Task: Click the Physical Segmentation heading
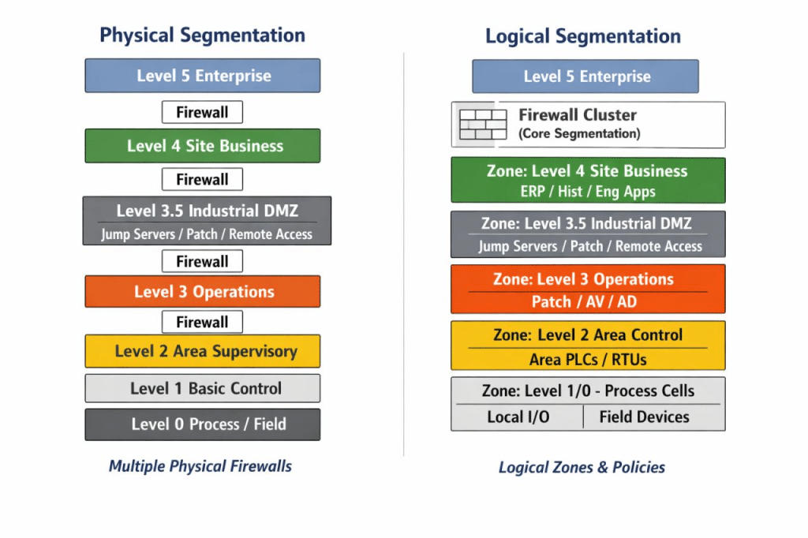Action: (x=202, y=35)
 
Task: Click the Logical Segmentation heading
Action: (x=583, y=36)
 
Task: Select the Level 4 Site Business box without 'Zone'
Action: (x=203, y=146)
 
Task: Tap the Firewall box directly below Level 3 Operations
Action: (x=202, y=322)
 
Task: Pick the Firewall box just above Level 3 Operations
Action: (x=202, y=261)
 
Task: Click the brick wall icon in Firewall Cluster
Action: (x=483, y=124)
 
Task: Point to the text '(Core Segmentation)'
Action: (x=579, y=133)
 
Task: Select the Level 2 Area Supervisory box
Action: (x=203, y=351)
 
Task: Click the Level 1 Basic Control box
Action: (x=203, y=388)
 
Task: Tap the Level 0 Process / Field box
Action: (x=203, y=424)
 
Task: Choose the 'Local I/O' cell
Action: (x=518, y=417)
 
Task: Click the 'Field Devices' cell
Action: (x=644, y=417)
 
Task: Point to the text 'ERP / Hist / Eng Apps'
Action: (x=588, y=192)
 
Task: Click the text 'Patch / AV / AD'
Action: (x=585, y=301)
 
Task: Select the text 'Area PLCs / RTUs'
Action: (x=588, y=359)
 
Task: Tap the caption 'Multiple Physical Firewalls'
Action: (x=200, y=466)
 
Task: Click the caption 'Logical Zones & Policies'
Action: (x=582, y=467)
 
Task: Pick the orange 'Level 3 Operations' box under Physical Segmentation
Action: (x=203, y=292)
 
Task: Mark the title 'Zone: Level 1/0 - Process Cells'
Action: (x=588, y=390)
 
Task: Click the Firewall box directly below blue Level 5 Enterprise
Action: (x=202, y=112)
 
